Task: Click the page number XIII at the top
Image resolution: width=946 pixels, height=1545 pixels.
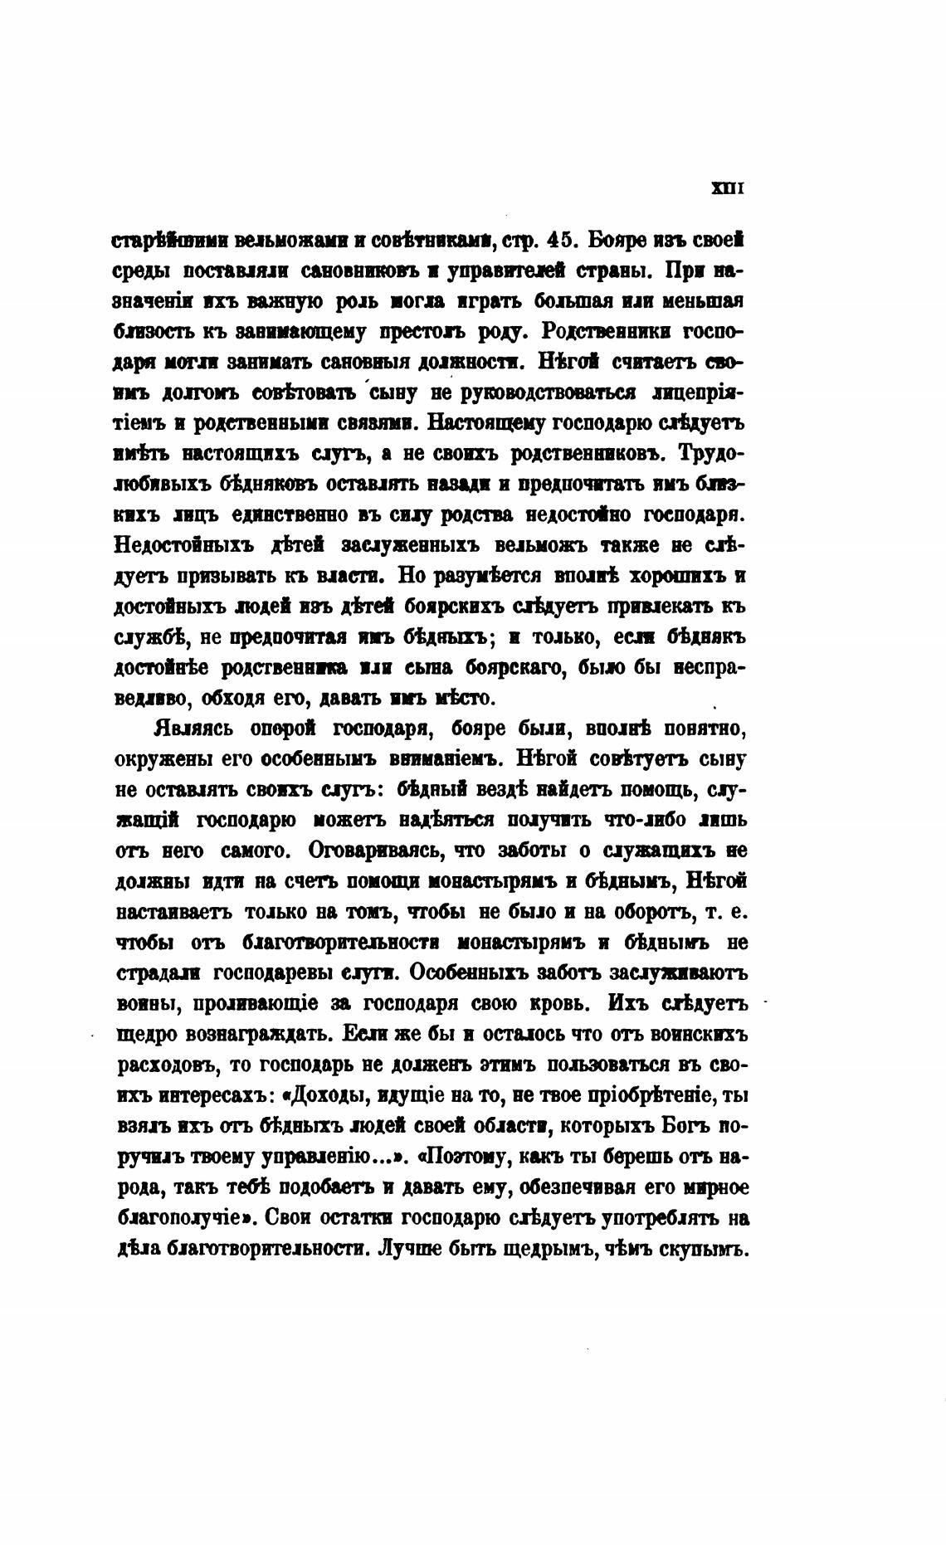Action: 728,188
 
